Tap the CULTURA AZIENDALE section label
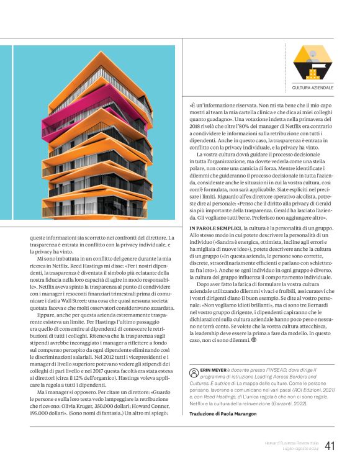(313, 89)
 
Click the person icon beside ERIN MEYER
(192, 370)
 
